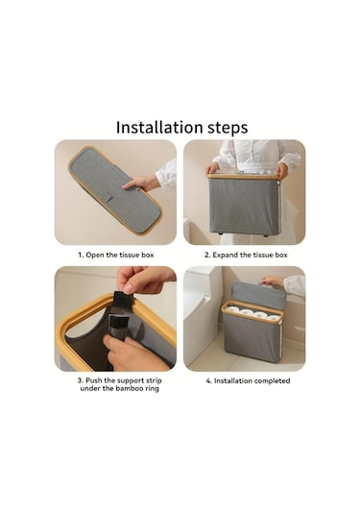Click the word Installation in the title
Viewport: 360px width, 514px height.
pos(159,127)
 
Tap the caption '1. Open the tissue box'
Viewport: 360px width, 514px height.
pos(116,255)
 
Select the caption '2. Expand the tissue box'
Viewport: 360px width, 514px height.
pos(246,255)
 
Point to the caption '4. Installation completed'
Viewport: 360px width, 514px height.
pos(248,380)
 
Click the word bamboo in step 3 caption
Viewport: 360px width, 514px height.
pos(129,388)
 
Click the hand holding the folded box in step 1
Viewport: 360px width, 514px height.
pos(141,183)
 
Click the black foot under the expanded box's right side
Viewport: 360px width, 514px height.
pos(266,235)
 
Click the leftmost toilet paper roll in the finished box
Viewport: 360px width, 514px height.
pos(233,309)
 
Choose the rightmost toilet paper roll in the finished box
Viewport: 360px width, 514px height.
pos(274,318)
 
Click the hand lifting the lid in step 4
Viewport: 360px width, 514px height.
pos(273,281)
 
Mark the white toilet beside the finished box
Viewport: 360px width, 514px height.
pos(201,315)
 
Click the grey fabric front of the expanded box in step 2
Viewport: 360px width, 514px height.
pos(244,206)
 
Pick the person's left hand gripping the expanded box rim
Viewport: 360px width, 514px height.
pos(281,171)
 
